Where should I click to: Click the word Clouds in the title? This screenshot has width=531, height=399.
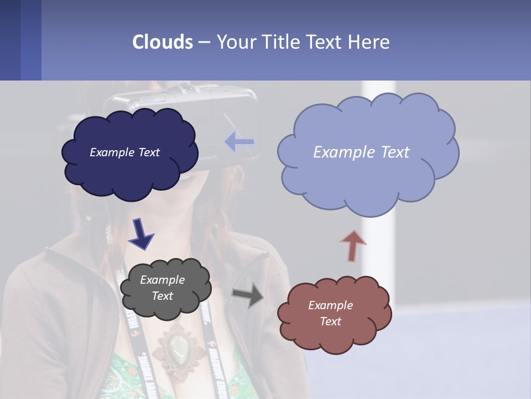tap(163, 42)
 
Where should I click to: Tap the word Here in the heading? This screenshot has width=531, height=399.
tap(369, 42)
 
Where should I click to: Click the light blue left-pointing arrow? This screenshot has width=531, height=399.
tap(240, 142)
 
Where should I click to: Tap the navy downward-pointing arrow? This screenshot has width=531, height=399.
tap(141, 233)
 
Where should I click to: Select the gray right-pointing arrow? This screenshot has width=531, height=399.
tap(248, 295)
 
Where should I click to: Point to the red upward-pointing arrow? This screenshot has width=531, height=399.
tap(352, 245)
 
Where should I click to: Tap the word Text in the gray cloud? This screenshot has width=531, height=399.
tap(163, 296)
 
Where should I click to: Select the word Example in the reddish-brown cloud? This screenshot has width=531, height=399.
tap(330, 305)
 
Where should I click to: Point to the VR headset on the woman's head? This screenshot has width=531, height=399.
tap(183, 105)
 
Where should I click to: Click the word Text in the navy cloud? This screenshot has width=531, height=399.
tap(148, 152)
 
